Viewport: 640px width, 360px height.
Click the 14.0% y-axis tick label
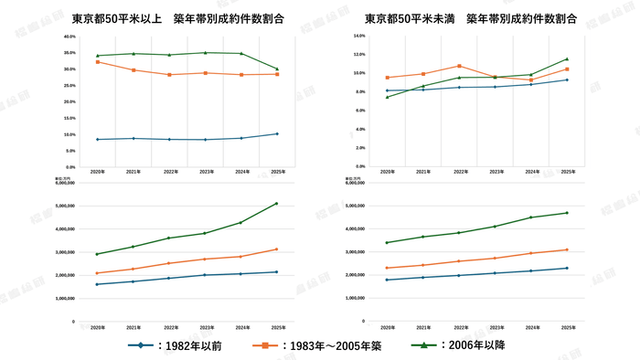tap(359, 36)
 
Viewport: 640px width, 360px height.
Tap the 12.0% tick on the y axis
tap(359, 54)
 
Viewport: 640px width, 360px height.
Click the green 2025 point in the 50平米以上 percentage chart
tap(277, 69)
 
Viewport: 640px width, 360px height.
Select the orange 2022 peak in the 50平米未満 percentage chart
tap(459, 66)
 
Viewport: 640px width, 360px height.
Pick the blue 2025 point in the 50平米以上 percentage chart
tap(277, 133)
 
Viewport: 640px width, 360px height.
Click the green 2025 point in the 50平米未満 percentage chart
tap(567, 59)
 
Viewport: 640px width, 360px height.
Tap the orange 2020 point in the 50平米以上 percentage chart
tap(98, 62)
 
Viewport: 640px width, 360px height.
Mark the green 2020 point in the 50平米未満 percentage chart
tap(388, 97)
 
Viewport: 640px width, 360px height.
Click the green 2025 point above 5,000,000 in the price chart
tap(277, 204)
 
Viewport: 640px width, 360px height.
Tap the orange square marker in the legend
tap(265, 345)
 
